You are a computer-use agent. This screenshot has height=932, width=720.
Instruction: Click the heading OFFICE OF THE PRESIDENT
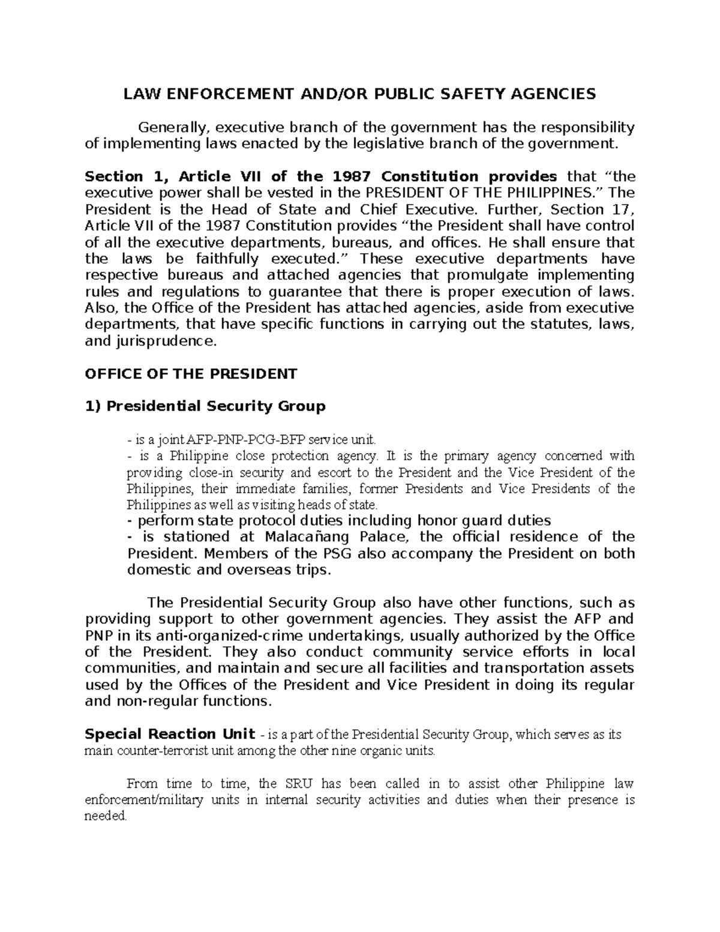coord(191,374)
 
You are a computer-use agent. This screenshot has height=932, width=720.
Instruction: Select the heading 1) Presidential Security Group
coord(205,406)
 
